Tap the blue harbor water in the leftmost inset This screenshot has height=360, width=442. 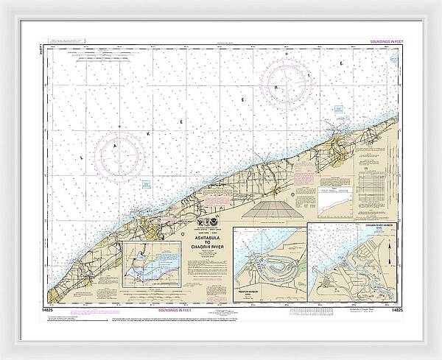click(x=144, y=270)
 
